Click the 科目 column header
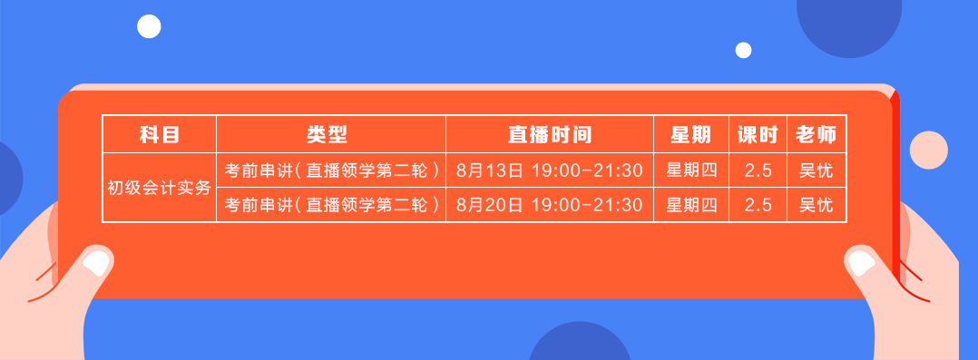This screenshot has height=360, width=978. coord(159,135)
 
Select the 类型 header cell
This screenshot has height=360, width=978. coord(329,135)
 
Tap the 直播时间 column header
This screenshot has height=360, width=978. coord(549,135)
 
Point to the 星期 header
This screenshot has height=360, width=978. coord(690,135)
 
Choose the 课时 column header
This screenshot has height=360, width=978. coord(757,135)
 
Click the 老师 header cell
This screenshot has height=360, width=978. coord(816,135)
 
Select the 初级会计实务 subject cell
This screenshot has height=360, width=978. coord(159,188)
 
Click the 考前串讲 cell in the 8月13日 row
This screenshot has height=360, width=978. coord(331,170)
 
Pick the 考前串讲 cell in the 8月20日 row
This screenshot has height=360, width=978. coord(331,205)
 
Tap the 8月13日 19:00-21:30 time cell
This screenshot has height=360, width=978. coord(549,170)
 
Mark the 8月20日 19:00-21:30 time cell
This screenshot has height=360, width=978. coord(549,205)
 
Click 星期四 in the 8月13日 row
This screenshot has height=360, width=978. coord(691,170)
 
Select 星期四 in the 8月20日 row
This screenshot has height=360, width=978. coord(691,205)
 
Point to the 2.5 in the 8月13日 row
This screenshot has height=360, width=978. coord(758,170)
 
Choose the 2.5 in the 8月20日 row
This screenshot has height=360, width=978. coord(758,205)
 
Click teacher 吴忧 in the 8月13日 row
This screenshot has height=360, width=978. coord(816,170)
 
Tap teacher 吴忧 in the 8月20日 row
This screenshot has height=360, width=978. coord(816,205)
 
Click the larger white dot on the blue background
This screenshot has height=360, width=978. coord(149,26)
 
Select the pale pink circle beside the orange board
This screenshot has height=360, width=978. coord(928,150)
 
